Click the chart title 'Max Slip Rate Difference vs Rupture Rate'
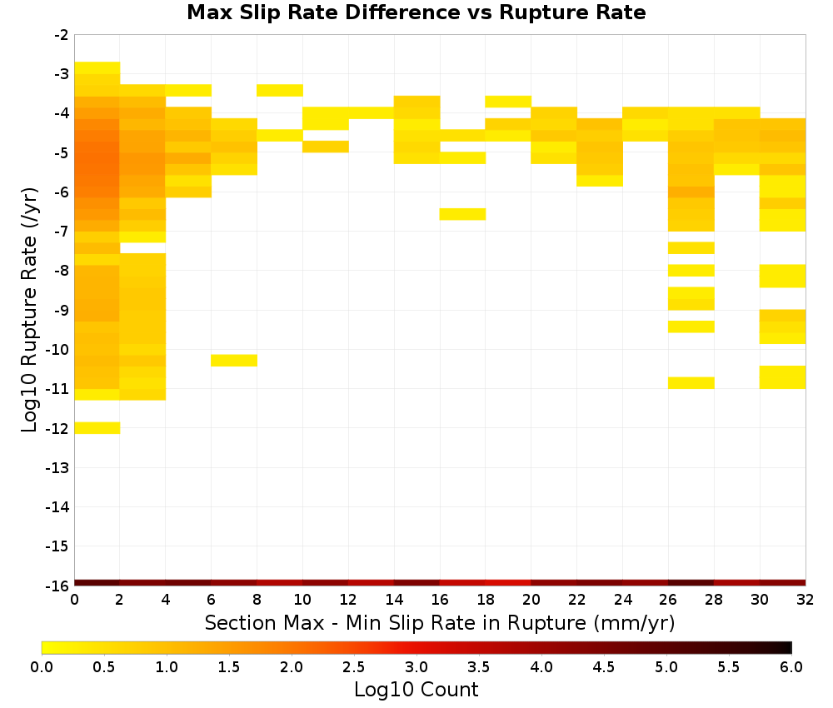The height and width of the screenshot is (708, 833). [416, 12]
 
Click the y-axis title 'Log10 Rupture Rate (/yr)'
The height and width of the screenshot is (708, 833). [29, 310]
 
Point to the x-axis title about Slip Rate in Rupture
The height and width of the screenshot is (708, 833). [440, 622]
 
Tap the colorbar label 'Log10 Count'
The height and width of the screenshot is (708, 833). [416, 690]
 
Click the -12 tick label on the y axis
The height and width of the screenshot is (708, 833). [57, 428]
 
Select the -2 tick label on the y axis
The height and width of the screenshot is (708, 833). [62, 35]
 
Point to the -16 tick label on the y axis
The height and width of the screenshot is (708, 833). [57, 586]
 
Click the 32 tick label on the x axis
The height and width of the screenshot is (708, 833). [805, 600]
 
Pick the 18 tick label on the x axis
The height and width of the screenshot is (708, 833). [485, 600]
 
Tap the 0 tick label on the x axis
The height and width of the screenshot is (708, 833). [74, 600]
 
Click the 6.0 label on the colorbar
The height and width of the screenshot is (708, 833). [791, 667]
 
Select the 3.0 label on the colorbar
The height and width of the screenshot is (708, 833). [416, 667]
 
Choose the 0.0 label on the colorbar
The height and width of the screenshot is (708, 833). [42, 667]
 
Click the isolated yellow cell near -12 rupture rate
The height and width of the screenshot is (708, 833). [97, 427]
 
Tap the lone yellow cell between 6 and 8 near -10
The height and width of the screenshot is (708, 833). [234, 360]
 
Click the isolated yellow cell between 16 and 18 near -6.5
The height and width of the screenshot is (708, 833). [462, 214]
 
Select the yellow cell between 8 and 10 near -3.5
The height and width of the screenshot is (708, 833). [280, 90]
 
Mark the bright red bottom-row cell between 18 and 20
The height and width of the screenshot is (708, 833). [508, 583]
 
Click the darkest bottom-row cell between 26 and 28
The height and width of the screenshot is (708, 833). [691, 583]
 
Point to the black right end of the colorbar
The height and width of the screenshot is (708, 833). [788, 647]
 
